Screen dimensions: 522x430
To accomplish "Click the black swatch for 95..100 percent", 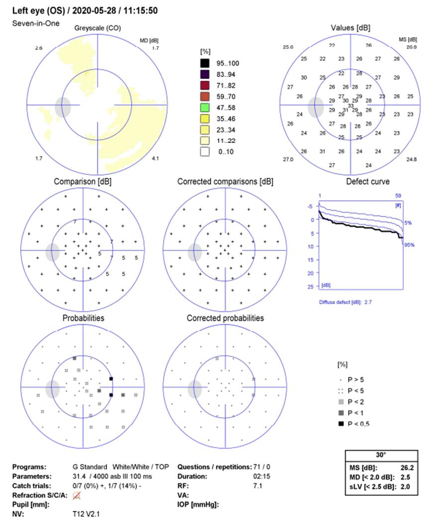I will click(x=204, y=63).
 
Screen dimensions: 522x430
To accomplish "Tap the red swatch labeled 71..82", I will click(x=204, y=87).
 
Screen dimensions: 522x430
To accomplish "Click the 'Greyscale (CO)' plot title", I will click(x=97, y=28).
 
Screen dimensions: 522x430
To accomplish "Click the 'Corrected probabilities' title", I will click(x=225, y=318).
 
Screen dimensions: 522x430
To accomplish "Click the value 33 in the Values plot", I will click(x=350, y=106).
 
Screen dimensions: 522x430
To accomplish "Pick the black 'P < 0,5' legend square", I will click(x=341, y=423).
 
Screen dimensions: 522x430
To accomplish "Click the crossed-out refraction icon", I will click(x=77, y=495).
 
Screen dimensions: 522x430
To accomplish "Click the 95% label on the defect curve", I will click(x=408, y=244).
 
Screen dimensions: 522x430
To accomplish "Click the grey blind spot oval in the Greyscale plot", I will click(x=63, y=107).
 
